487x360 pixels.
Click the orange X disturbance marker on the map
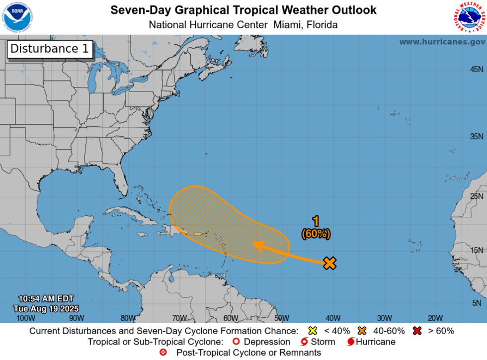pos(329,263)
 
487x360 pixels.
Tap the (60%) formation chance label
pos(316,233)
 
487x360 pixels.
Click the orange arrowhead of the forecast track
pos(257,244)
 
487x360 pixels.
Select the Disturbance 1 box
pos(50,49)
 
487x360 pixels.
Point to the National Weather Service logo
pos(470,17)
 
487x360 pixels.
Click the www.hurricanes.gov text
pos(442,42)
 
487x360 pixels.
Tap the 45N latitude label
pos(476,70)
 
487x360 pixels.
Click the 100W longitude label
pos(26,318)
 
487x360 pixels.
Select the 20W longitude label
pos(435,318)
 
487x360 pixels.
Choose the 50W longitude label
pos(281,318)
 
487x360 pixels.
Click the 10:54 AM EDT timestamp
pos(46,298)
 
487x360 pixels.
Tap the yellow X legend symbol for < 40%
pos(313,331)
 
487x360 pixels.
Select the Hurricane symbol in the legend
pos(351,342)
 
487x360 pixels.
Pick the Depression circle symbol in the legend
pos(236,342)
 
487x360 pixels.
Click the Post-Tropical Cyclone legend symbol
pos(162,353)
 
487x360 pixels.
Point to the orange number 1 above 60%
pos(316,222)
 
